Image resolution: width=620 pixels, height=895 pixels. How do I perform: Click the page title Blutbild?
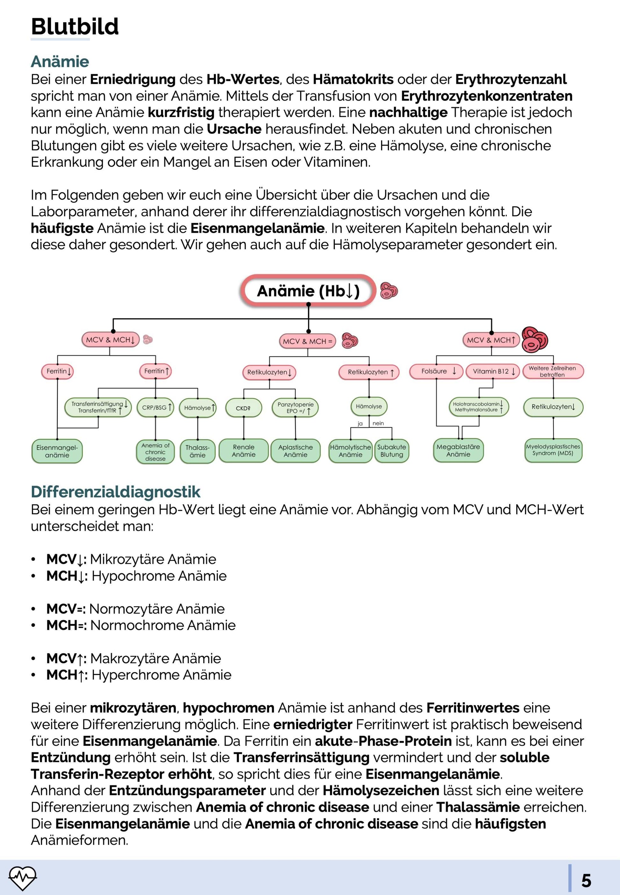point(75,26)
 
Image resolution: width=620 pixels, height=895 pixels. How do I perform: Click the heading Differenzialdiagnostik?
point(115,492)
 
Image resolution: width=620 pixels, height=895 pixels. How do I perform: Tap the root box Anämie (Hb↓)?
point(308,291)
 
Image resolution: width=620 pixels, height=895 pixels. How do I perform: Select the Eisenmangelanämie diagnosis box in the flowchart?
point(57,451)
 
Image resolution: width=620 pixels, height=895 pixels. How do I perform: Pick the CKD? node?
point(243,408)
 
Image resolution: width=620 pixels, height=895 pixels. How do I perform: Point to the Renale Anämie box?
point(243,451)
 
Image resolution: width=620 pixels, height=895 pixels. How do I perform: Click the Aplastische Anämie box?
point(295,451)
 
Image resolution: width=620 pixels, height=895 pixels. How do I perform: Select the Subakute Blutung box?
point(392,451)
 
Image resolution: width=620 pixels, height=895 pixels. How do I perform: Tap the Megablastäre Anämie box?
point(458,450)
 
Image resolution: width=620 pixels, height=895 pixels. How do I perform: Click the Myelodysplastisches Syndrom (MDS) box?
point(553,450)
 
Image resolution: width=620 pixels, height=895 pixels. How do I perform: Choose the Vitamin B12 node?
point(493,371)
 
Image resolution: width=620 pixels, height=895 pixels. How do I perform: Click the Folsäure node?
point(436,371)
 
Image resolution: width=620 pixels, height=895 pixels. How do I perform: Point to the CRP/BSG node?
point(155,408)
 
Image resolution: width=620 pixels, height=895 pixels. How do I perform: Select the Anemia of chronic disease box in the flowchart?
point(155,452)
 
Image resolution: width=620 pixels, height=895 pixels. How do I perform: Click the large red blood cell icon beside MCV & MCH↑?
point(535,340)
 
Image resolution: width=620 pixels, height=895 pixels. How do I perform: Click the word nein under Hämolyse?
point(378,423)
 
